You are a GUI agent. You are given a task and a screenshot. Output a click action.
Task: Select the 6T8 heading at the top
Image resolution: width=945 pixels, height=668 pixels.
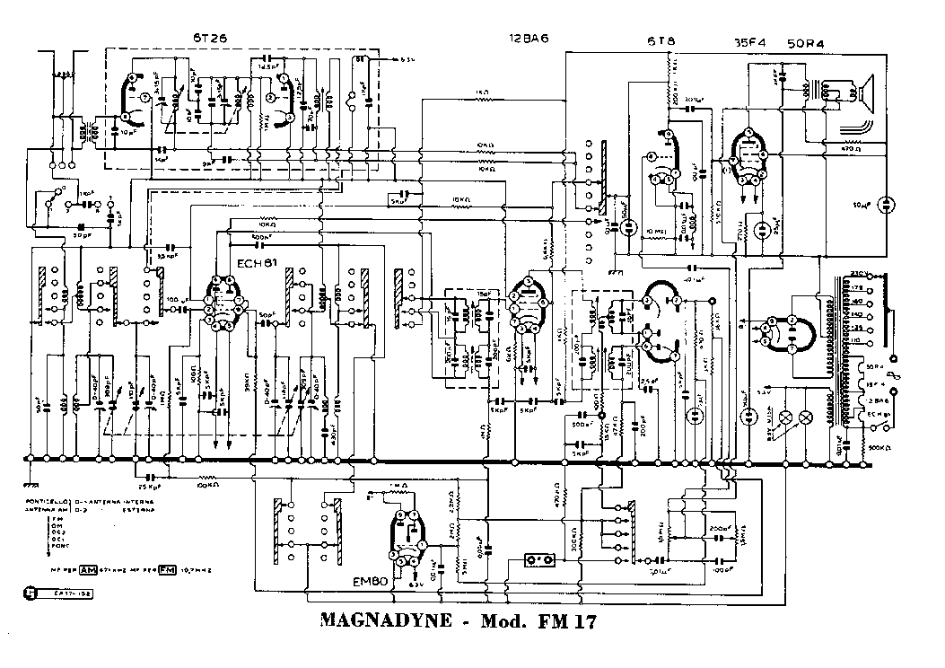[661, 41]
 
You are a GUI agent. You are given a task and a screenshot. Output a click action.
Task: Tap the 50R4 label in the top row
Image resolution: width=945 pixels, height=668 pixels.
[806, 41]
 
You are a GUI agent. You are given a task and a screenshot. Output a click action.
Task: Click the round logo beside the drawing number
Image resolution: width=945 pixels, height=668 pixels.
[30, 593]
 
